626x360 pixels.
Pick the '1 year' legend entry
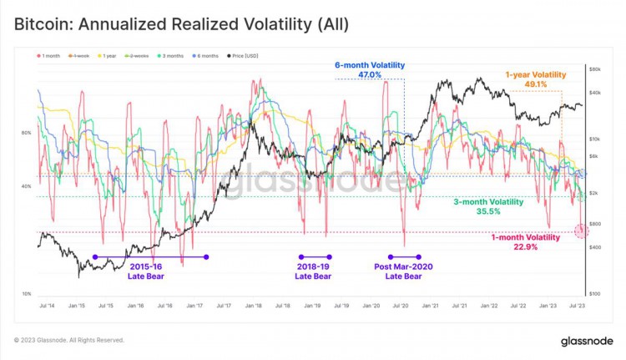pyautogui.click(x=109, y=56)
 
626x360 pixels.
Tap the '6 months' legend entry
pyautogui.click(x=205, y=56)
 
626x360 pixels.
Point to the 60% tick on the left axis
pyautogui.click(x=26, y=133)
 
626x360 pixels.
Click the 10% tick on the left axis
pyautogui.click(x=26, y=294)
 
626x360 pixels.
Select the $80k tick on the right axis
pyautogui.click(x=595, y=68)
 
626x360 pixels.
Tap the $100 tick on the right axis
pyautogui.click(x=595, y=294)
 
